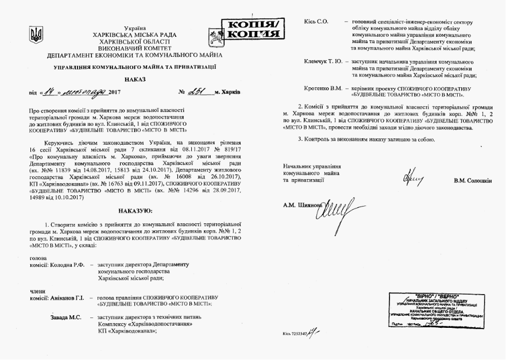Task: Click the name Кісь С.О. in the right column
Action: (316, 21)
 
